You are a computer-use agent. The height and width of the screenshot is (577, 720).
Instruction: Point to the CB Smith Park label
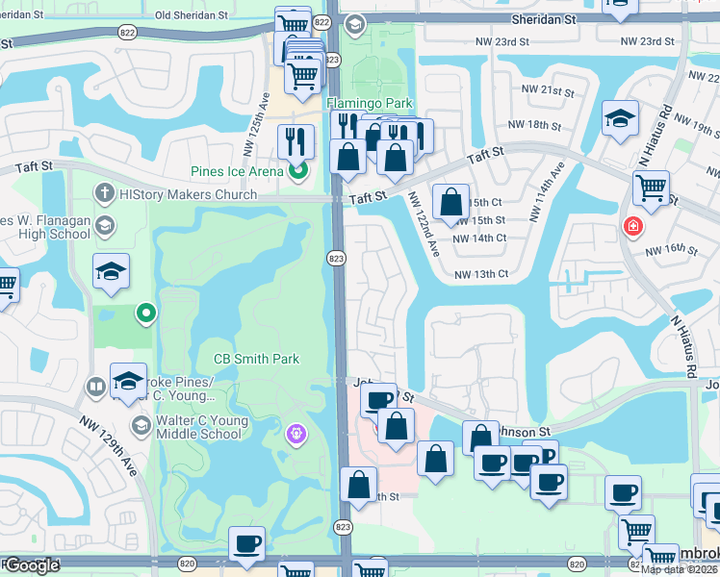pos(256,359)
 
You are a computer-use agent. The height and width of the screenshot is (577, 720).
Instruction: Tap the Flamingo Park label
pos(370,103)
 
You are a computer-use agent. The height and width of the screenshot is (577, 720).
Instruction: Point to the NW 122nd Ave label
pos(424,222)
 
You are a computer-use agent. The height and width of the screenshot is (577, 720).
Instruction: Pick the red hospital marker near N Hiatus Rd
pos(633,227)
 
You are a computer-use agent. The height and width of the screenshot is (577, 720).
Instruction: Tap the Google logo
pos(31,565)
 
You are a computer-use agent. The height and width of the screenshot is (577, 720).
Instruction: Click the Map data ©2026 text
pos(680,569)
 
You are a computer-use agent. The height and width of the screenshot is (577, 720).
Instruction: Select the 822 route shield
pos(321,22)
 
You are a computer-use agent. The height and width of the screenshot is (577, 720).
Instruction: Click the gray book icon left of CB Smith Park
pos(95,387)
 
